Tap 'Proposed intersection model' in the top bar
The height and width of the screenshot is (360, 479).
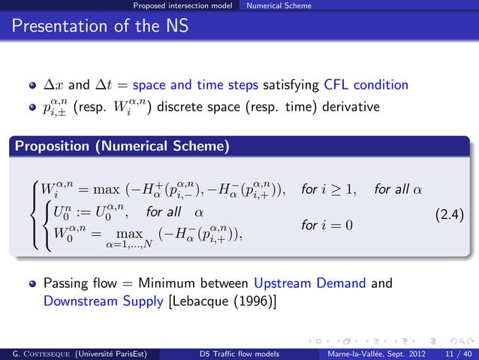click(182, 6)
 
